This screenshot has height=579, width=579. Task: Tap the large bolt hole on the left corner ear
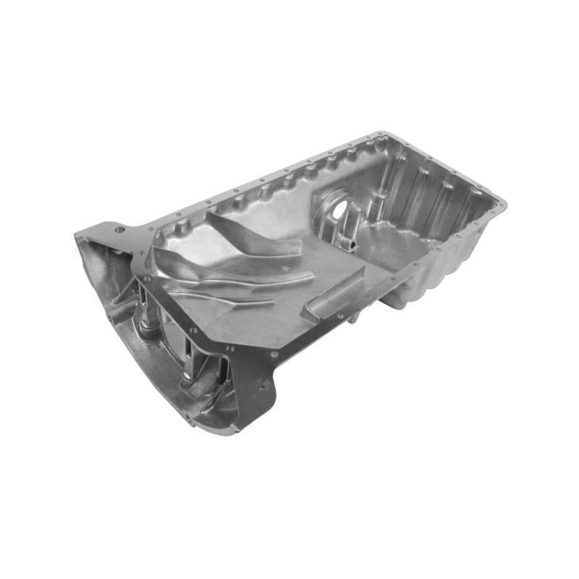119,230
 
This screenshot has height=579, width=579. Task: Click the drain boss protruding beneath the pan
394,300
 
